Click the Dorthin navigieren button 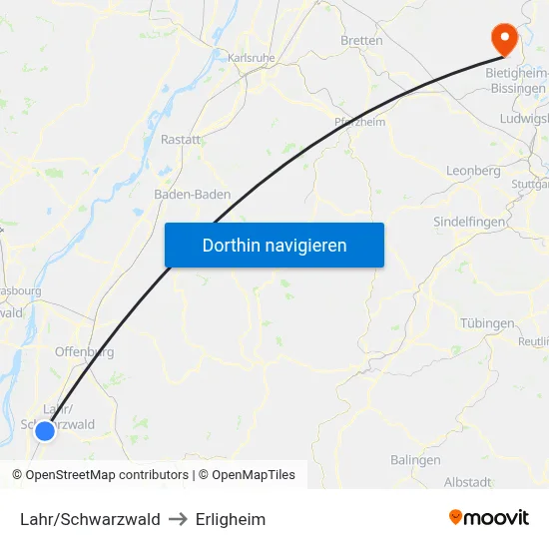(x=274, y=245)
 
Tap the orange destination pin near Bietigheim (x=504, y=38)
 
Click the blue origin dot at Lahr (x=44, y=431)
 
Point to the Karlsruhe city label (x=252, y=59)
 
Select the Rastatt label (x=181, y=140)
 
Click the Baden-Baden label (x=193, y=195)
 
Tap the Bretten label (x=361, y=41)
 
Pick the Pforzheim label (x=360, y=122)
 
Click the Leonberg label (x=474, y=171)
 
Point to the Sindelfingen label (x=471, y=221)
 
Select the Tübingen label (x=488, y=323)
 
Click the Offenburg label (x=84, y=351)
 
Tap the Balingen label (x=416, y=460)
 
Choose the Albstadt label (x=467, y=482)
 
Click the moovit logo (x=489, y=518)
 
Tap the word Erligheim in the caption (x=231, y=519)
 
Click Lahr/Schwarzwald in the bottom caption (x=90, y=519)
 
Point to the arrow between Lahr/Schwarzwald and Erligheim (x=178, y=519)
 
